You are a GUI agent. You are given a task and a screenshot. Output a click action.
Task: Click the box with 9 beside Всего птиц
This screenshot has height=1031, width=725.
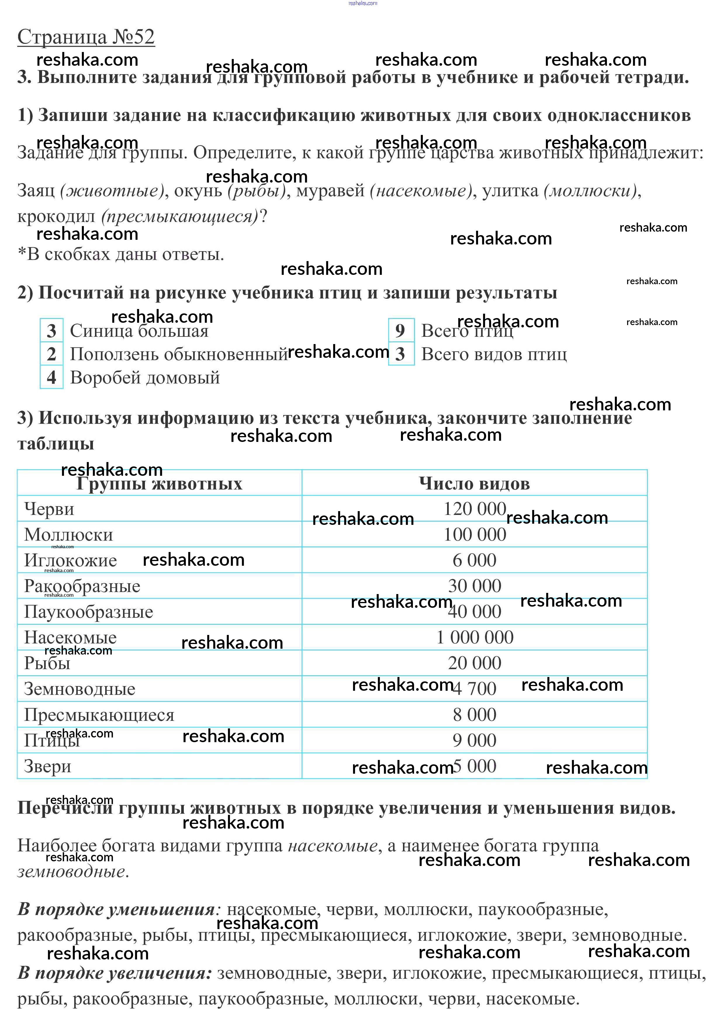click(x=401, y=331)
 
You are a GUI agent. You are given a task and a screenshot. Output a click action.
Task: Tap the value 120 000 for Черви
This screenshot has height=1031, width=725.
click(x=475, y=509)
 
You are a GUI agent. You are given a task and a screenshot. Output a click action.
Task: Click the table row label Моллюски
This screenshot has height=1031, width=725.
click(x=69, y=535)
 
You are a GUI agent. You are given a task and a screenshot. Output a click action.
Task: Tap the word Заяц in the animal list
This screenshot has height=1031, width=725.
click(x=36, y=191)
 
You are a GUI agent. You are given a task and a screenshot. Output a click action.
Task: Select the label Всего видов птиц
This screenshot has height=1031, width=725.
click(x=494, y=354)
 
